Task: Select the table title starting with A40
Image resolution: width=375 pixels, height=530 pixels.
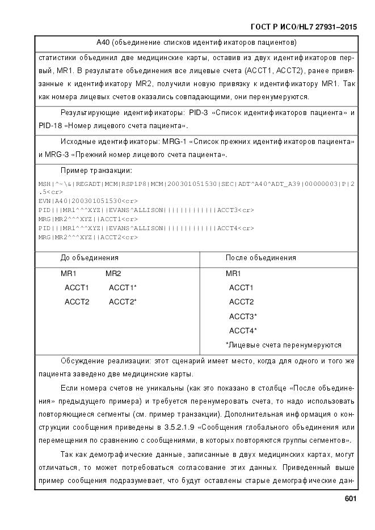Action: pos(196,43)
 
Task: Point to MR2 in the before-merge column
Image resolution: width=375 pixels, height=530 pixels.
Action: pos(113,274)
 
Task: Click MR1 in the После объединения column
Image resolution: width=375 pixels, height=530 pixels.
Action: pos(233,274)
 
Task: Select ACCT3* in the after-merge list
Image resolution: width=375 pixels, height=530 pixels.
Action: pos(243,316)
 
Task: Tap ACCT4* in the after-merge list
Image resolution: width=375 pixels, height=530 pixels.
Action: pos(243,330)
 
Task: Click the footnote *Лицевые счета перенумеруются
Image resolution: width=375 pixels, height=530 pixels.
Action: pos(283,345)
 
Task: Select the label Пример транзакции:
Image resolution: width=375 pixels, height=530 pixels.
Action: pos(96,170)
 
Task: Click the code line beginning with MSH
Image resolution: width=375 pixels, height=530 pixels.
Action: pos(196,184)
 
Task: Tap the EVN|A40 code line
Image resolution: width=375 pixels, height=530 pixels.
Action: pos(88,201)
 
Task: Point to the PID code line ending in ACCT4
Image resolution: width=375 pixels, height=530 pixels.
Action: pos(146,228)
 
